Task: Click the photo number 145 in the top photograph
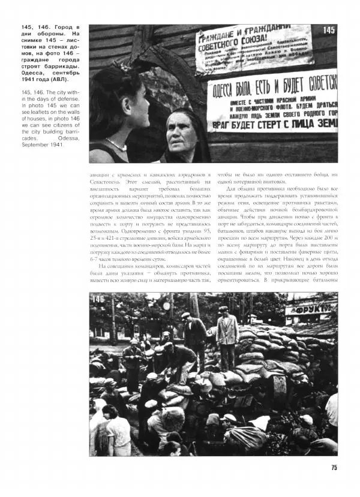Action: point(329,31)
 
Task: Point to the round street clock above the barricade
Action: point(167,305)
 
